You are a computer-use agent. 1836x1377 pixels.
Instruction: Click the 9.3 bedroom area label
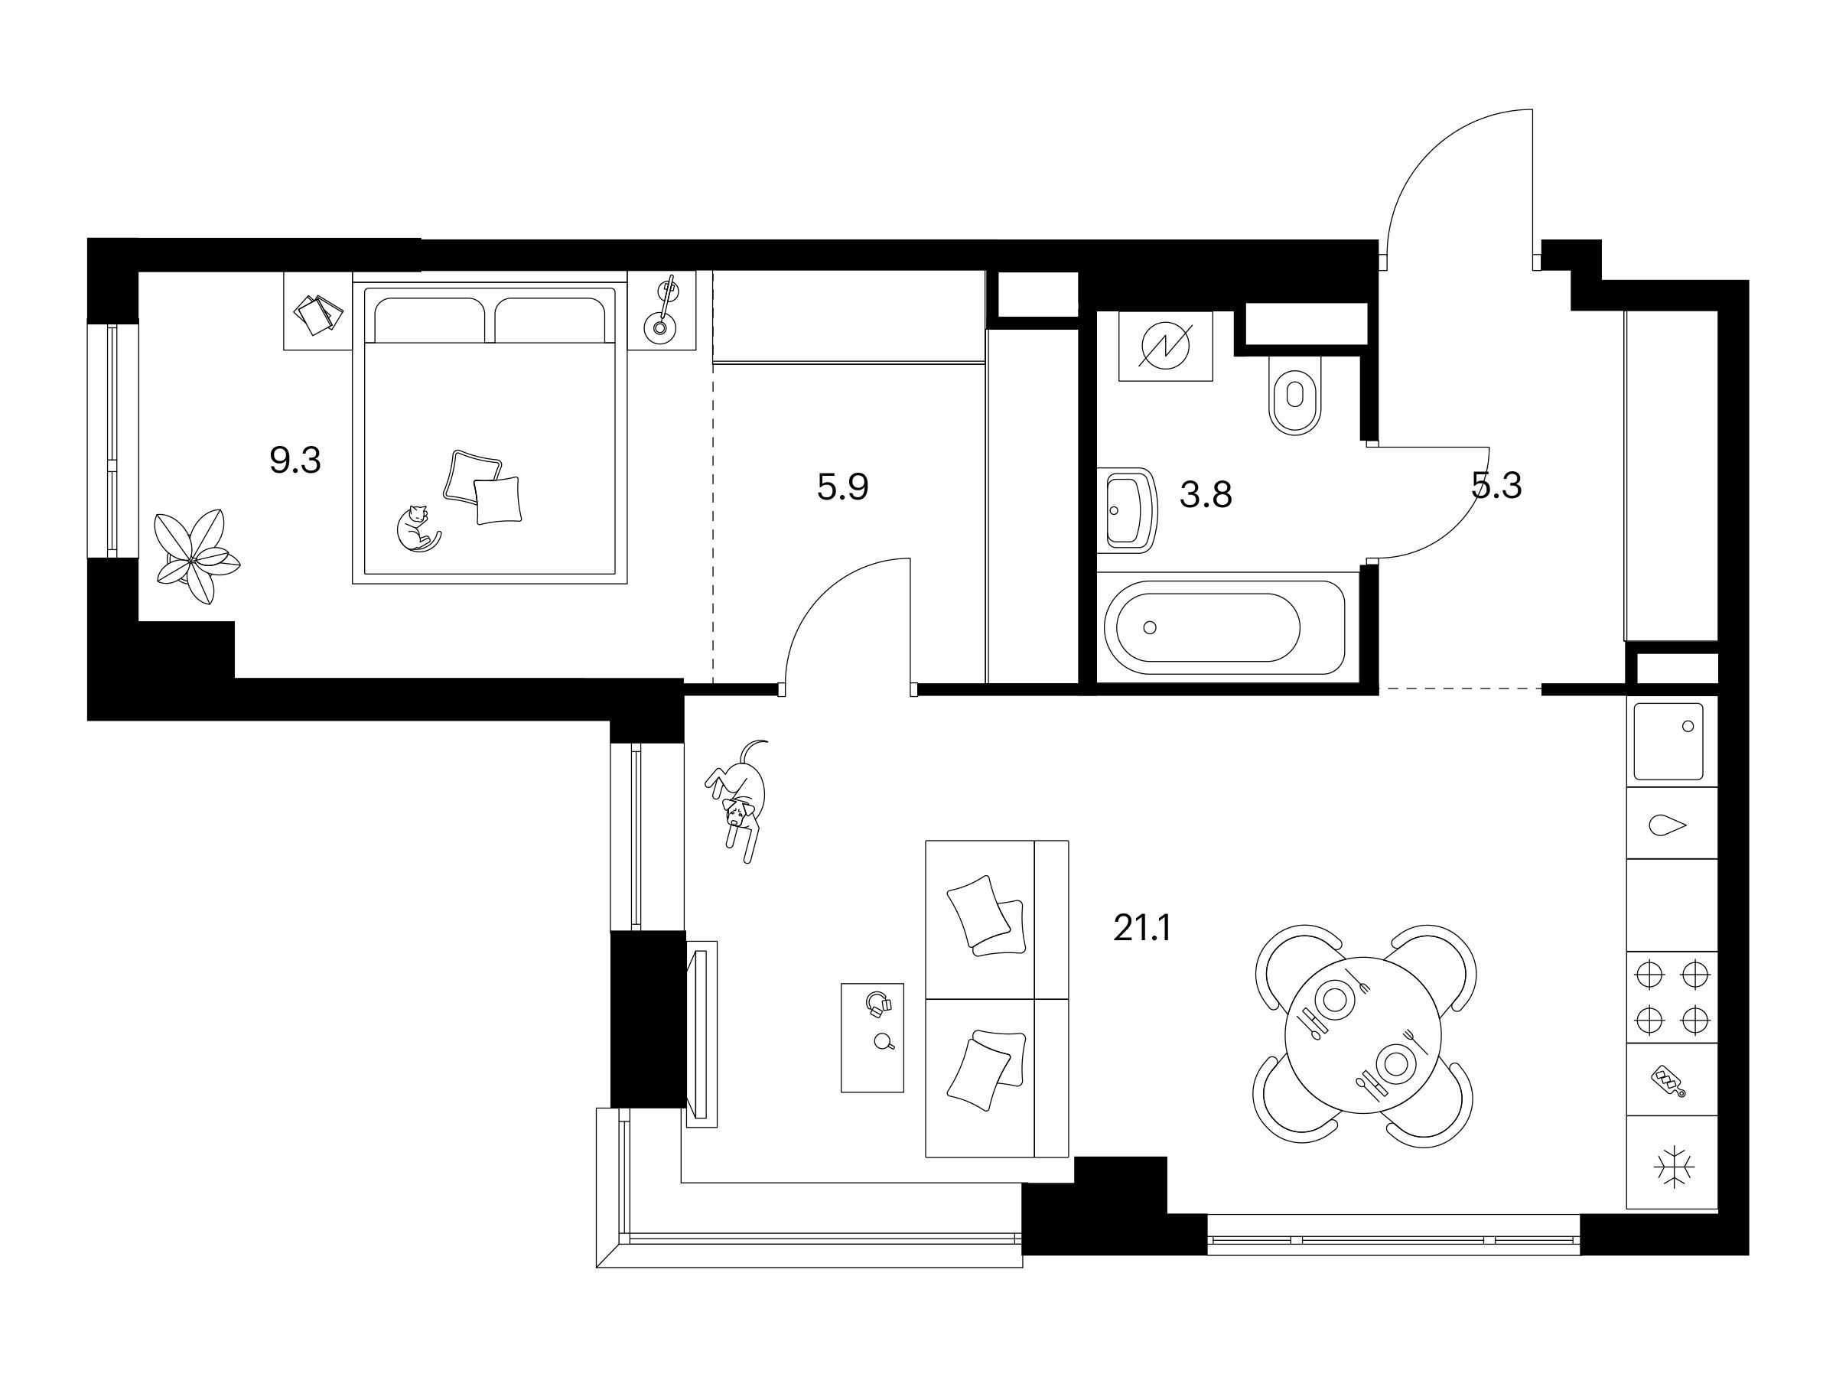point(295,459)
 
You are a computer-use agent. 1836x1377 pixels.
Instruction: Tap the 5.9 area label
point(842,487)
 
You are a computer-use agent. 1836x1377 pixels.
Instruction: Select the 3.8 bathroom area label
point(1205,496)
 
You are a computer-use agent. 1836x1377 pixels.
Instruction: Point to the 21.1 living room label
point(1142,929)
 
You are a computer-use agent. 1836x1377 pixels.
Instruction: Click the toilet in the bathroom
point(1295,395)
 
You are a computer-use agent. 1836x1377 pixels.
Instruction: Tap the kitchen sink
point(1668,742)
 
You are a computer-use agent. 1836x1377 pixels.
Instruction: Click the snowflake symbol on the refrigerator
point(1673,1165)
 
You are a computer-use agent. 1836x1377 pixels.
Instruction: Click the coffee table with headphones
point(872,1037)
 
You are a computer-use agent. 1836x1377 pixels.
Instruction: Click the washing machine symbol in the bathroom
point(1165,346)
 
